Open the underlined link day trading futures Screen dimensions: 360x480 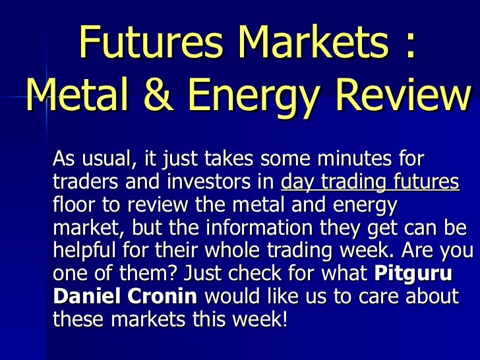tap(370, 183)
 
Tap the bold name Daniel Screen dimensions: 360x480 tap(86, 297)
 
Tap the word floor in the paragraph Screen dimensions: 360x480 tap(73, 205)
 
